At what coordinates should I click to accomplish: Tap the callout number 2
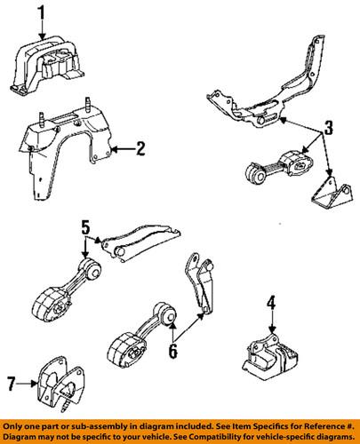click(140, 149)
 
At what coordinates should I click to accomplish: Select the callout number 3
click(328, 128)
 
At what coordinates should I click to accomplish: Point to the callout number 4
click(271, 305)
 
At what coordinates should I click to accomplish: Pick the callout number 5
click(85, 228)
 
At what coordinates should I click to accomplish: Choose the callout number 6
click(172, 351)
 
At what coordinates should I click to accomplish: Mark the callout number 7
click(12, 384)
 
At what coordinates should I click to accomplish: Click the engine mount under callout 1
click(47, 65)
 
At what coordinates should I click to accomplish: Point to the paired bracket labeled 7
click(60, 384)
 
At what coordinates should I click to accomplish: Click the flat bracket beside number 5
click(140, 242)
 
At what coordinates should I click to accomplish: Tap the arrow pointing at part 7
click(28, 384)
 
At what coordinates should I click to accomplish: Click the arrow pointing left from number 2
click(124, 149)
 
